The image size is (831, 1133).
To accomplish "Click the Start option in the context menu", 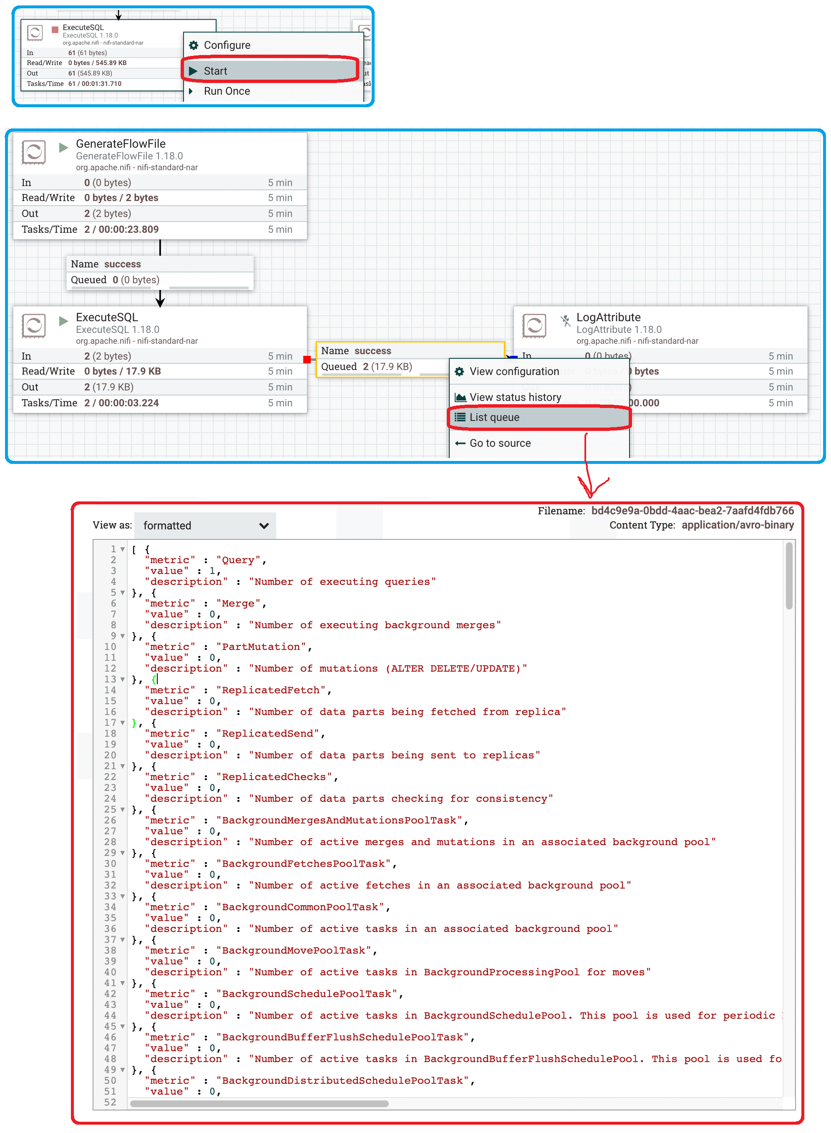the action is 215,71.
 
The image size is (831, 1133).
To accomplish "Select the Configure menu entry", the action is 227,45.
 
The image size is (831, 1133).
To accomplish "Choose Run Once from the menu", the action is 227,91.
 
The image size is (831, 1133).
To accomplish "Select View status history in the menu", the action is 515,397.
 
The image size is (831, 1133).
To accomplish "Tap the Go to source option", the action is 500,443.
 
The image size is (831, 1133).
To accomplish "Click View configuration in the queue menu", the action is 514,371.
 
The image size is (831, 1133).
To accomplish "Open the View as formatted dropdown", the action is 205,526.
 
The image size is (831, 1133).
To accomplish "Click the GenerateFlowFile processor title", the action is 121,144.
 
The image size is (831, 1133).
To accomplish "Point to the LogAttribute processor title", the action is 609,317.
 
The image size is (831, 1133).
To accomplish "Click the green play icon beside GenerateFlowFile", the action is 63,147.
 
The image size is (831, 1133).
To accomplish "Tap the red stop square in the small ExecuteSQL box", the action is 55,30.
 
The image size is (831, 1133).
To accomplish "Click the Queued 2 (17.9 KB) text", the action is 367,367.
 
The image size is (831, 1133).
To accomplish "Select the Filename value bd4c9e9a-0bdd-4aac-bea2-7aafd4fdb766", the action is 692,511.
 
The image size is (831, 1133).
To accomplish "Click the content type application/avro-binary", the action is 738,525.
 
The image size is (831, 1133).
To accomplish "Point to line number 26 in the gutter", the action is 110,820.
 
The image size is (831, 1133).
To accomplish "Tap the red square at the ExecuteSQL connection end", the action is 307,360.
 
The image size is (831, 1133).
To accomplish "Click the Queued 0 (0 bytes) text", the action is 115,279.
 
